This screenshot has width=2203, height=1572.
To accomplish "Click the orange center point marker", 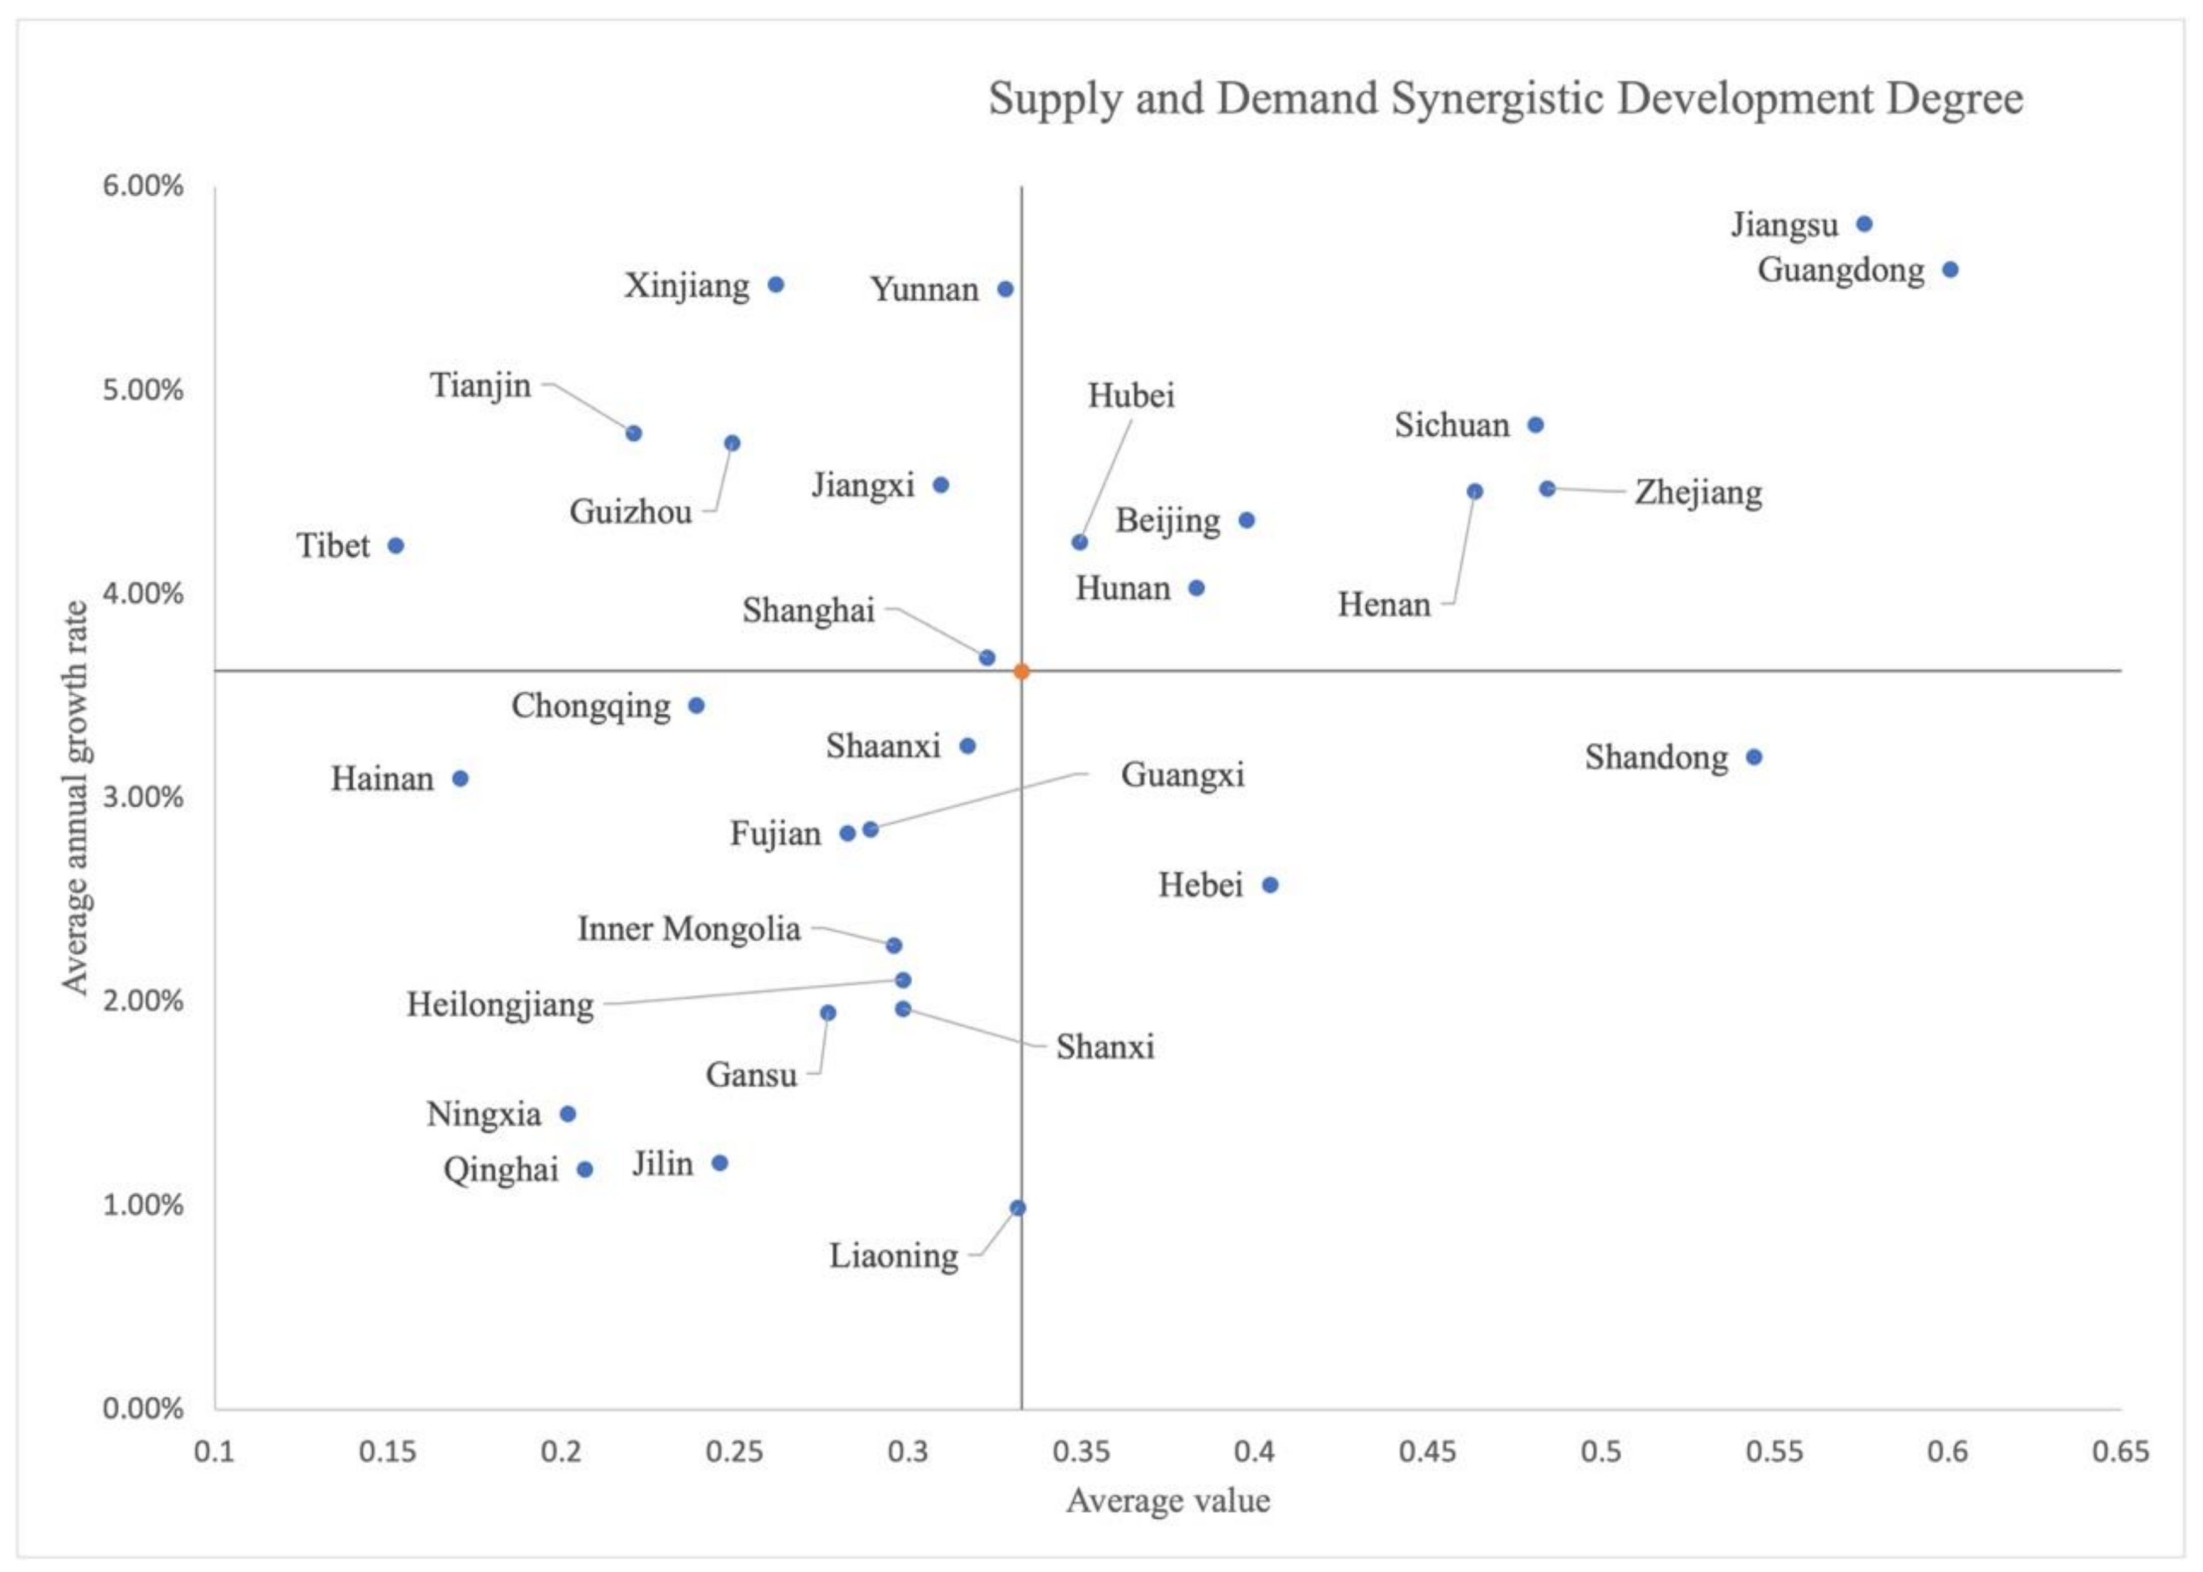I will [1021, 672].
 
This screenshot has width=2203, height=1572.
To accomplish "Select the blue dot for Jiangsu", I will [1864, 224].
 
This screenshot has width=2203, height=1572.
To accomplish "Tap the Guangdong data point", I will [1950, 270].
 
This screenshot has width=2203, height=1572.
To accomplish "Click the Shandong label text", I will [1655, 758].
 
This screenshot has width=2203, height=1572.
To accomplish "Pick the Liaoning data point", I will [1017, 1208].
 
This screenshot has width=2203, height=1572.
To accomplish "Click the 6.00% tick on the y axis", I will [143, 186].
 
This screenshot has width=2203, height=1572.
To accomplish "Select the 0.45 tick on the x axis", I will [1428, 1452].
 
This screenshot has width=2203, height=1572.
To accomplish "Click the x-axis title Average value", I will [1168, 1500].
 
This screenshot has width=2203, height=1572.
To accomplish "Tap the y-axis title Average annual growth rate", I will [75, 797].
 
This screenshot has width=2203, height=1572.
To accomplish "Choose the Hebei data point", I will [1270, 885].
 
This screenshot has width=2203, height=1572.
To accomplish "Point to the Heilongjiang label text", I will [499, 1005].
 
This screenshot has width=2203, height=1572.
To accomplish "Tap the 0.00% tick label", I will [143, 1409].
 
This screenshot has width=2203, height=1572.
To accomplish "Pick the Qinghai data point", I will [585, 1170].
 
